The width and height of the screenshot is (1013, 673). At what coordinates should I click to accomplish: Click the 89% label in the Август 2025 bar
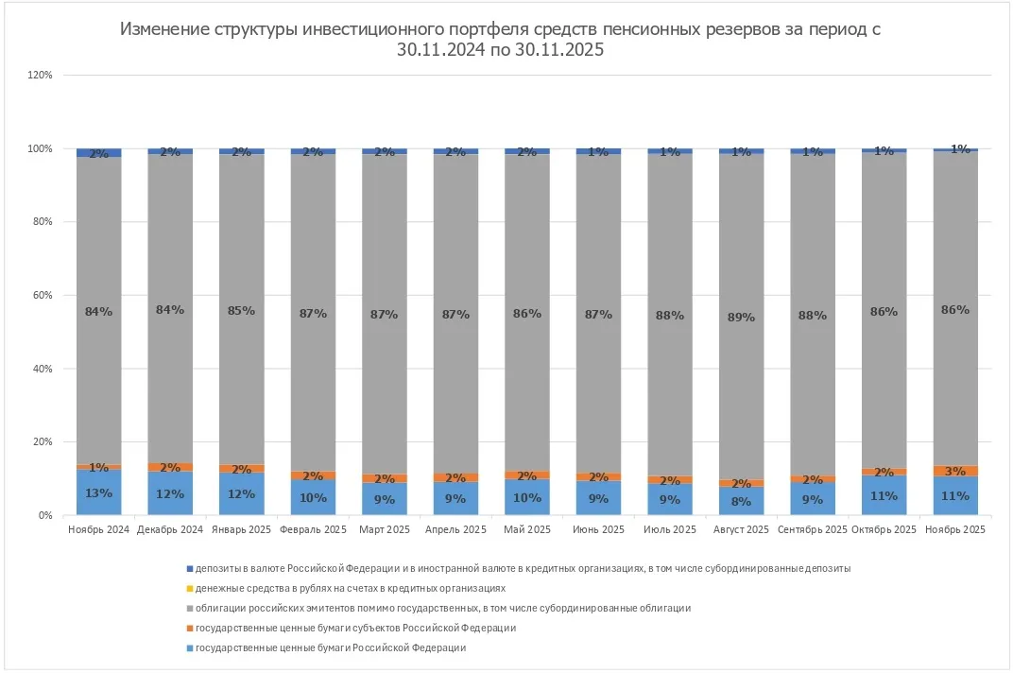pos(742,318)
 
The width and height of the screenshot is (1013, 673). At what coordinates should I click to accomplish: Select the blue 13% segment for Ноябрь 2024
pos(99,492)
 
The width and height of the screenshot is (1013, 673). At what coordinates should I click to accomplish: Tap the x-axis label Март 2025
pos(385,530)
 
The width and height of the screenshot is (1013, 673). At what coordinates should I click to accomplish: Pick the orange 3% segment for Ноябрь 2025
pos(955,471)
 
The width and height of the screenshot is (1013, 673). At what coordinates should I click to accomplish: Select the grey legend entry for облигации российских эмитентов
pos(436,608)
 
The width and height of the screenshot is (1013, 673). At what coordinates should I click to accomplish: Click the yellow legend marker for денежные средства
pos(189,588)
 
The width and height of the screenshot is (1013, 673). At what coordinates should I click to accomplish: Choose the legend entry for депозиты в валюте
pos(520,568)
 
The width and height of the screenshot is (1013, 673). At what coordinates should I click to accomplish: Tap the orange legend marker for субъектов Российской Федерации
pos(189,628)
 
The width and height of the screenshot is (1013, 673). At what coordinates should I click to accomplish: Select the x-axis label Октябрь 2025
pos(884,530)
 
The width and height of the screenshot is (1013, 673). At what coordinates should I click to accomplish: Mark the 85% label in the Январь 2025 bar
pos(242,310)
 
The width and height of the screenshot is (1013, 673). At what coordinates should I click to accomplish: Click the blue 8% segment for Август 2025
pos(742,500)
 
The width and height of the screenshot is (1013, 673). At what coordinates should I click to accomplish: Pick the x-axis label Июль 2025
pos(670,530)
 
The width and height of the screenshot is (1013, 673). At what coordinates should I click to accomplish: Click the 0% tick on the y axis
pos(44,515)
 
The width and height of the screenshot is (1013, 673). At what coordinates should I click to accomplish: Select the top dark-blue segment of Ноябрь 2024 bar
pos(99,152)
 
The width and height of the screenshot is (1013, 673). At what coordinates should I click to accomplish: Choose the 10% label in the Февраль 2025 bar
pos(313,497)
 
